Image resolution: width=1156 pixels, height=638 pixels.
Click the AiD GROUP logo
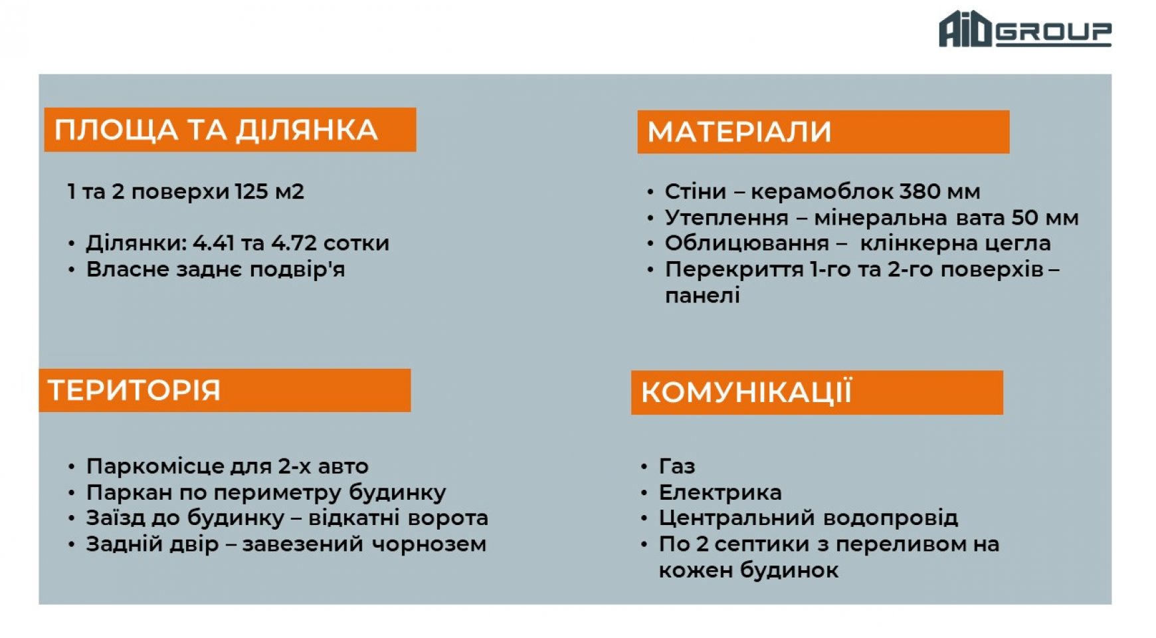[1024, 29]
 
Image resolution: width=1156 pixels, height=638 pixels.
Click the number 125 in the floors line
[251, 191]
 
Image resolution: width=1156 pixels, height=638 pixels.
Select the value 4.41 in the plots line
[213, 243]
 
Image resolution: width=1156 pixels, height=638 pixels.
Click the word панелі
[702, 295]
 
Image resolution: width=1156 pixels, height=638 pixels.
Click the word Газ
[677, 467]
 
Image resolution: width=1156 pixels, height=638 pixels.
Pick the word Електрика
[720, 492]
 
